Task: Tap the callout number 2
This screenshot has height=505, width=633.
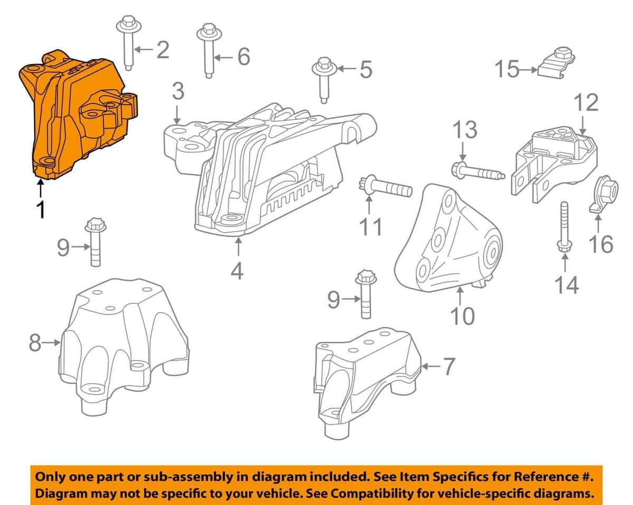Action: [162, 50]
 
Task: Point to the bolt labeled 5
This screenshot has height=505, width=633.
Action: [323, 79]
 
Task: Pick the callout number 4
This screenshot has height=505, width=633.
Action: [237, 271]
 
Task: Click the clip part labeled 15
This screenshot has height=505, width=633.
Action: [557, 63]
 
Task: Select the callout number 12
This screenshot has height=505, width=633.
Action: [587, 103]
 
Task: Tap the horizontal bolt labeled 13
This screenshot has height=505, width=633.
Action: [477, 172]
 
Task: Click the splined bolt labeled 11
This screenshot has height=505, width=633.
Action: [388, 187]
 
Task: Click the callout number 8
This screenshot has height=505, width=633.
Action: [35, 343]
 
